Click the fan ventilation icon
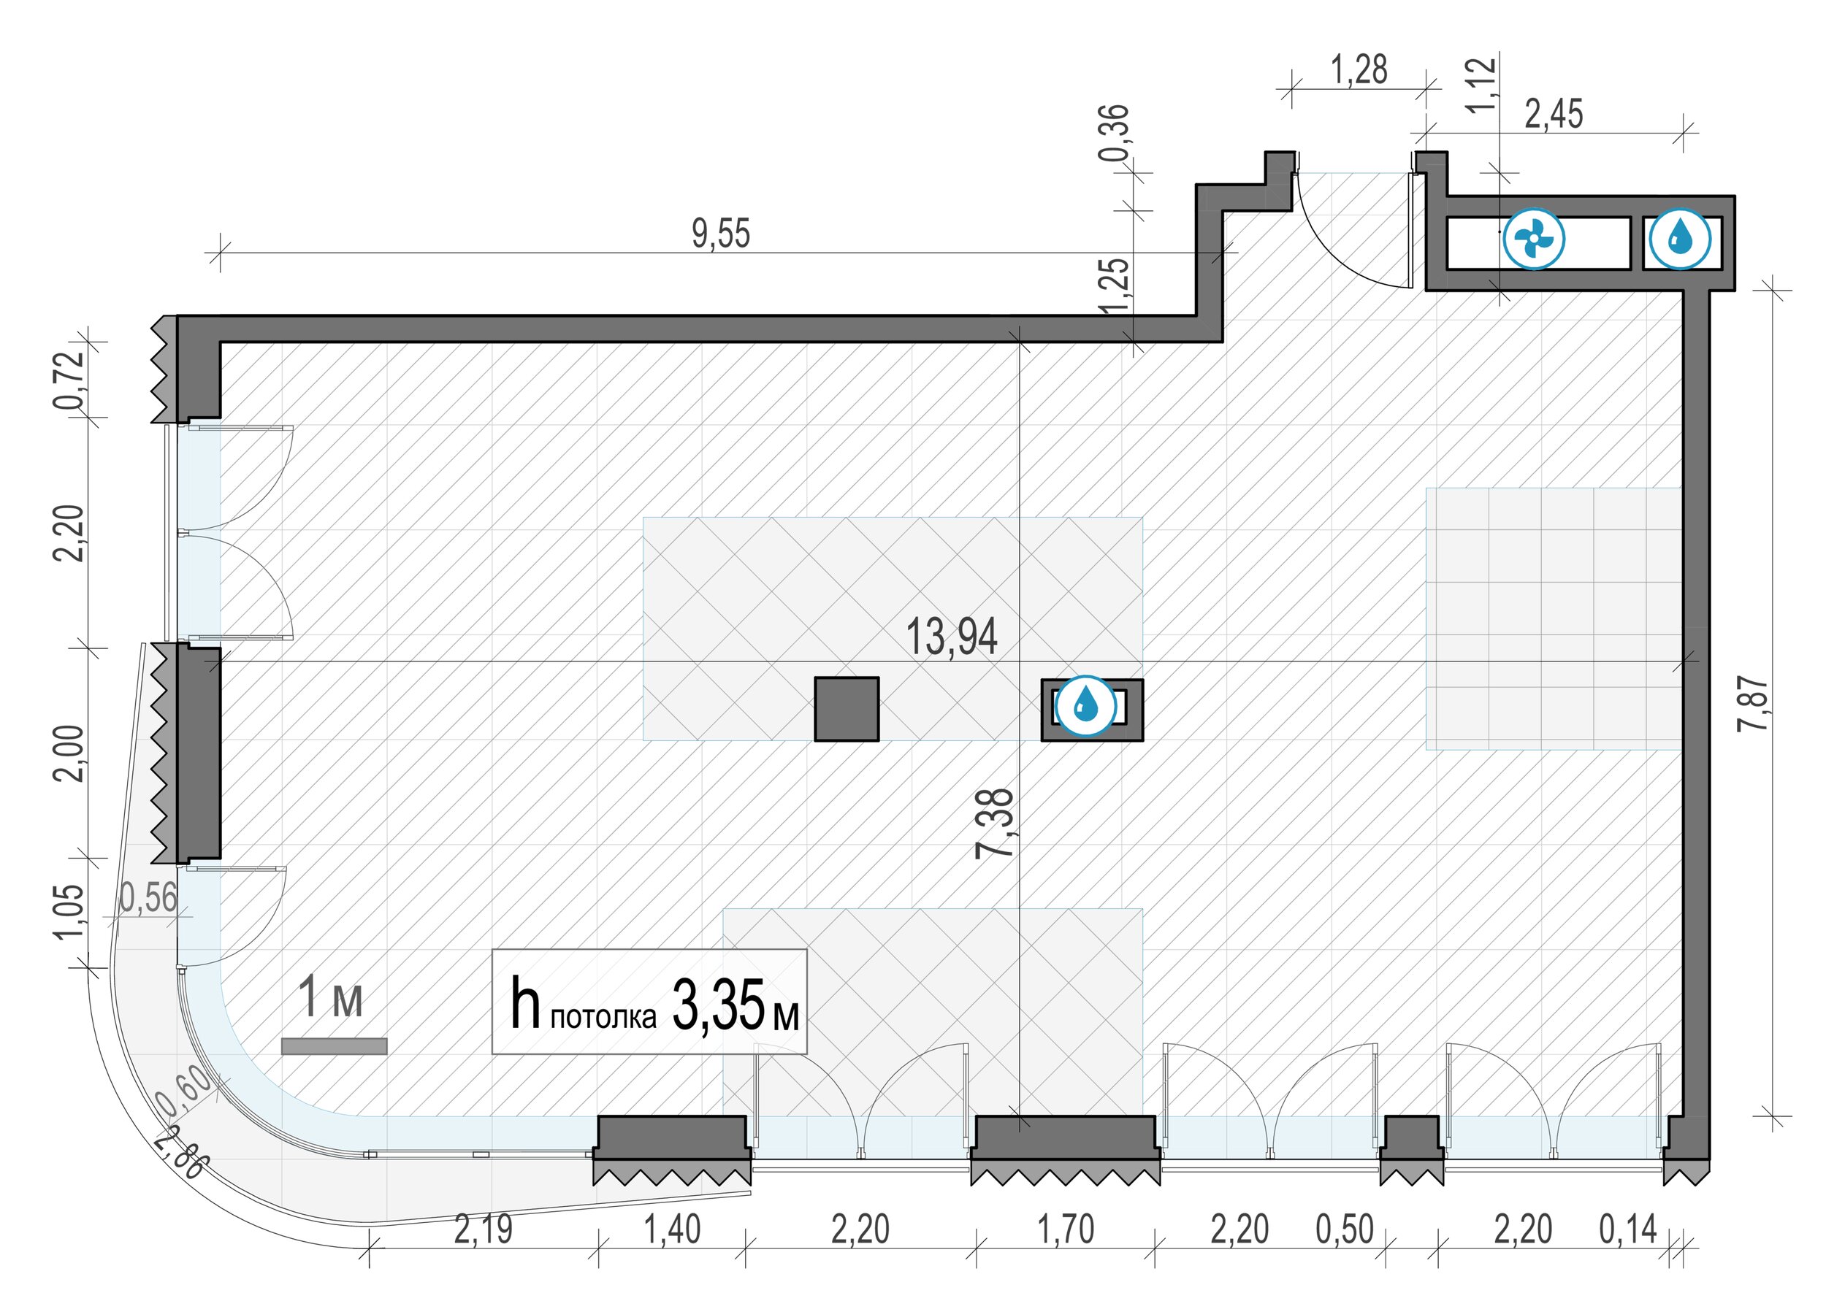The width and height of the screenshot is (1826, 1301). [x=1534, y=239]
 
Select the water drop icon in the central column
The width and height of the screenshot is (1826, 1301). [x=1085, y=706]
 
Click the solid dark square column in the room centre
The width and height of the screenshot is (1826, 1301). [x=846, y=709]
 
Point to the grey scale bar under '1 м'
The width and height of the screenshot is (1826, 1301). [x=334, y=1046]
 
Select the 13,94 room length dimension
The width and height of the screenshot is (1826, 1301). [x=951, y=637]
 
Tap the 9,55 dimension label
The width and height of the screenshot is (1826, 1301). [x=721, y=234]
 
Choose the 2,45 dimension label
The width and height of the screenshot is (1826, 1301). [x=1554, y=115]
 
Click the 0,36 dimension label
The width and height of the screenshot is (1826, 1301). [x=1114, y=132]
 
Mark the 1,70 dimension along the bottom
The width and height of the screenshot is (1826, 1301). [x=1066, y=1229]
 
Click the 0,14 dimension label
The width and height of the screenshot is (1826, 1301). [x=1628, y=1229]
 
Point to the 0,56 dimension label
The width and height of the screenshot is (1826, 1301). [x=148, y=898]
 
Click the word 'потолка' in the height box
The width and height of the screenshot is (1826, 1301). [x=603, y=1018]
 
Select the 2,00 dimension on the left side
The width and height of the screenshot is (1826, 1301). [x=69, y=752]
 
